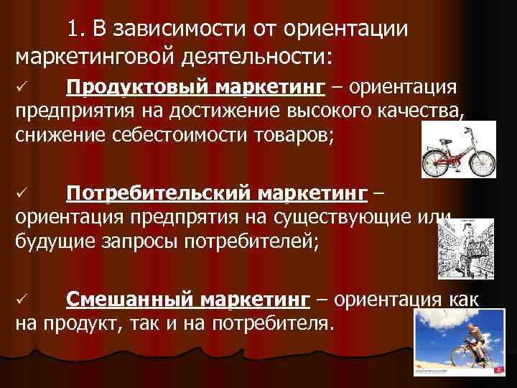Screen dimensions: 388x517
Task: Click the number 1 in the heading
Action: point(73,29)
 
